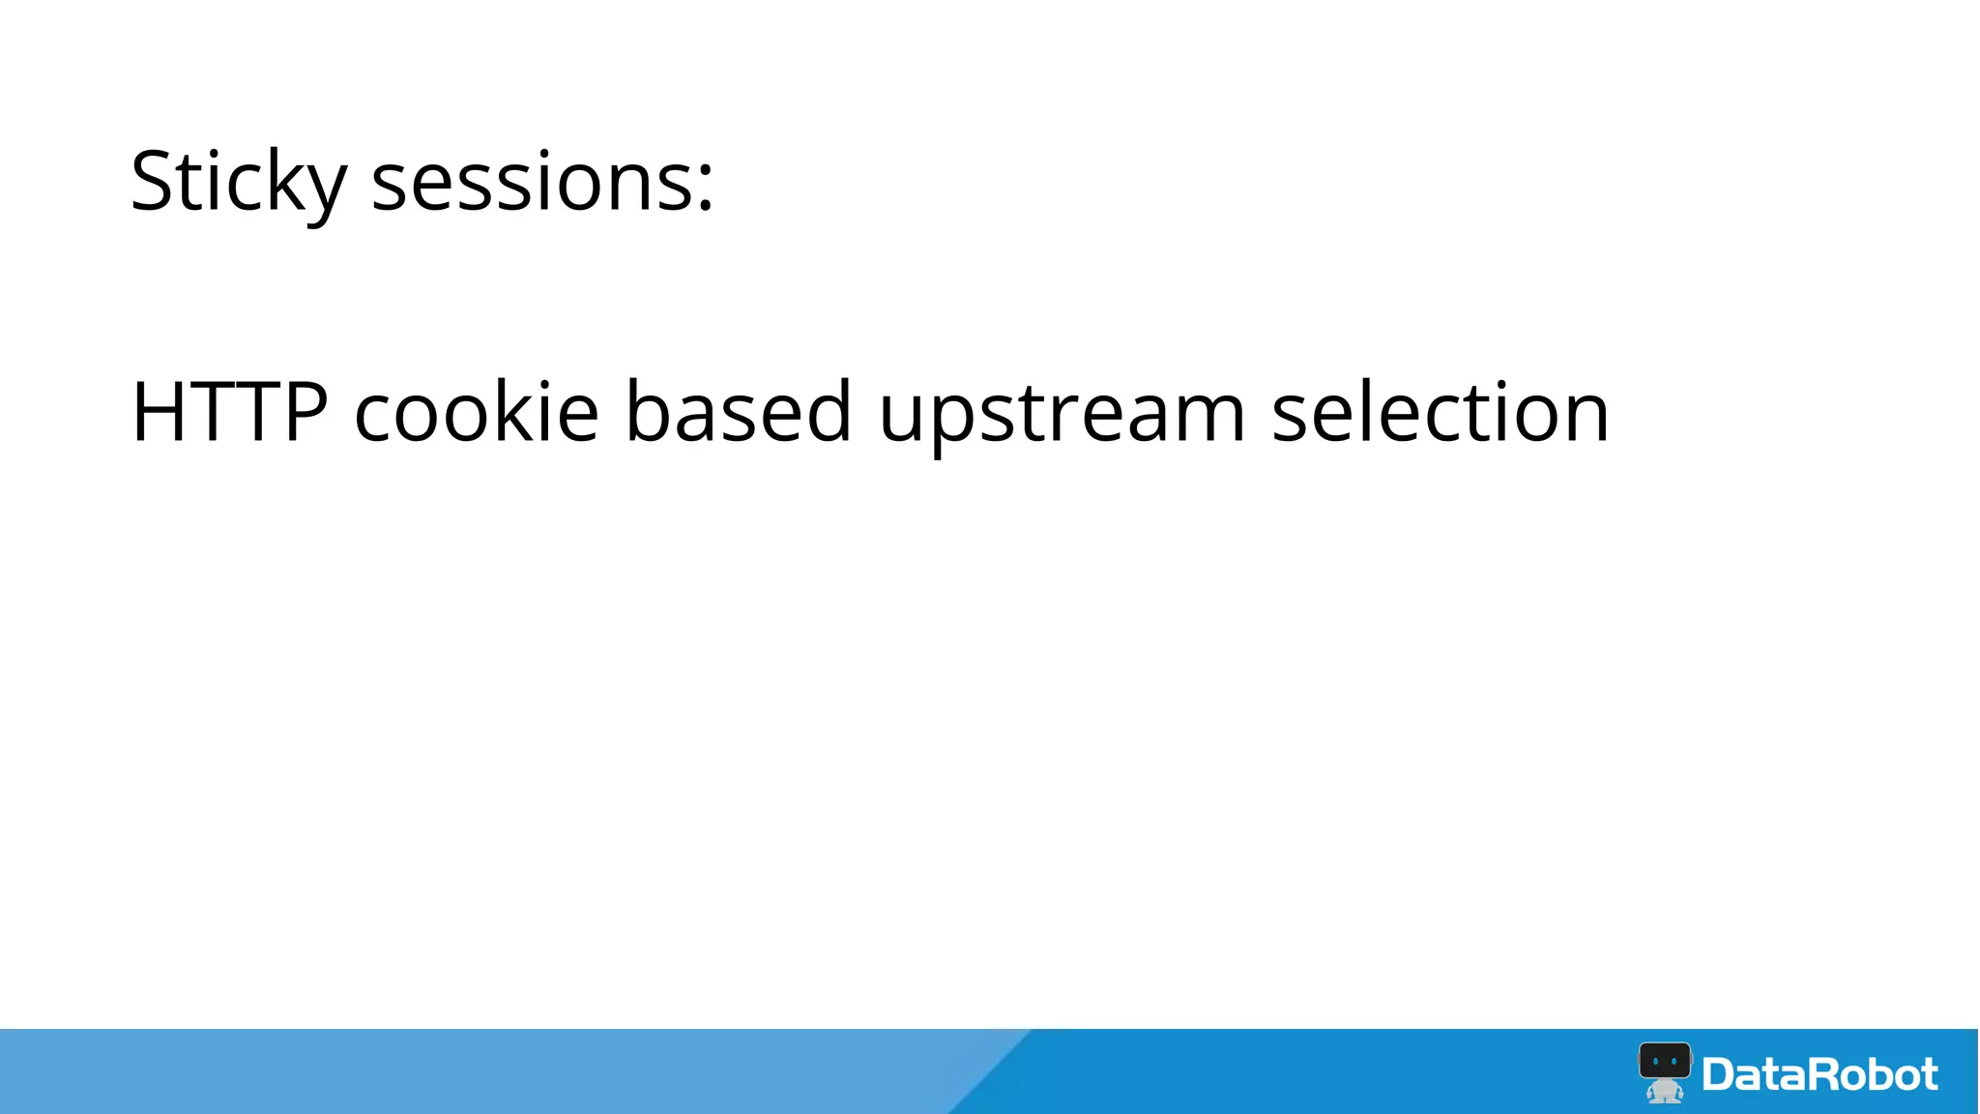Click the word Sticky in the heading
pos(238,182)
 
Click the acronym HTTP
pos(230,412)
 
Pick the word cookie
pos(477,412)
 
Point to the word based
pos(739,412)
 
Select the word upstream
pos(1062,416)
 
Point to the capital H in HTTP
pos(159,412)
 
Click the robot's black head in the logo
pos(1665,1062)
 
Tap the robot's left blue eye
pos(1656,1062)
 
